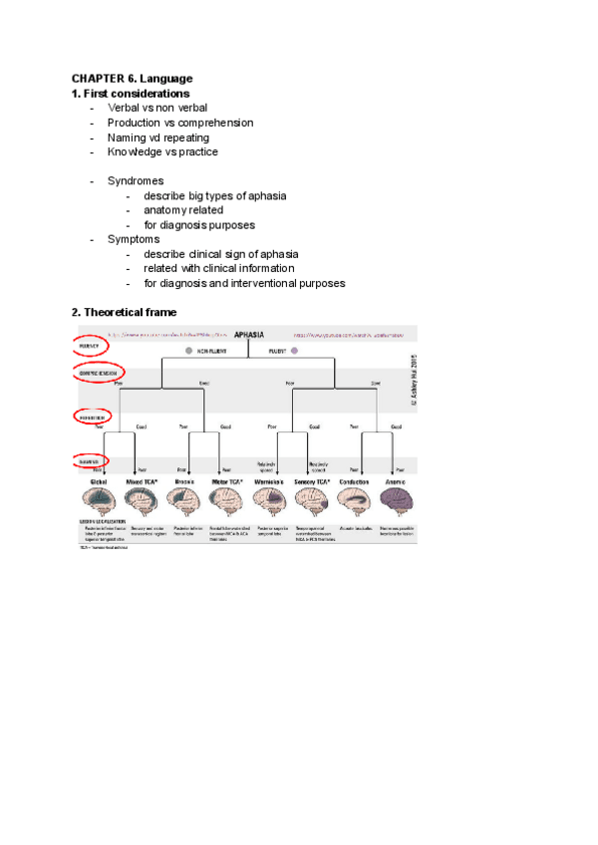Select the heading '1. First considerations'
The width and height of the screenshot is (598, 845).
130,93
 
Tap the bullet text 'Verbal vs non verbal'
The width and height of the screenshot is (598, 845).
157,108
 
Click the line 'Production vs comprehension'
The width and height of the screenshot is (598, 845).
180,123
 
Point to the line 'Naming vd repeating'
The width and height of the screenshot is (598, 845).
158,138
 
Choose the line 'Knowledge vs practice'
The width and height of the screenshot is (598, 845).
162,151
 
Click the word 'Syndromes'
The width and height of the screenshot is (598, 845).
136,181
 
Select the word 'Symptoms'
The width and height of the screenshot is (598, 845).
134,239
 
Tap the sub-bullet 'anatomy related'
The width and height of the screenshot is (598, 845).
183,210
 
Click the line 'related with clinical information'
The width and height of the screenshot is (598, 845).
219,268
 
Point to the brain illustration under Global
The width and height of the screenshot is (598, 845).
100,502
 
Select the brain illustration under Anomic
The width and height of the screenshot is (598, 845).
399,502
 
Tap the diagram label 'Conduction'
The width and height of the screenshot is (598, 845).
356,480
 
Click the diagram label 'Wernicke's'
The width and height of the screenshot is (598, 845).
271,480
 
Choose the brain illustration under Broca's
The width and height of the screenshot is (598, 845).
185,502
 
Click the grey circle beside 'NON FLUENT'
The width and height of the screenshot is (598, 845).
186,352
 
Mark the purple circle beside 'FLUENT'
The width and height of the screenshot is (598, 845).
294,352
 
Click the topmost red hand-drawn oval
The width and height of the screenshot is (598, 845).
91,345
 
